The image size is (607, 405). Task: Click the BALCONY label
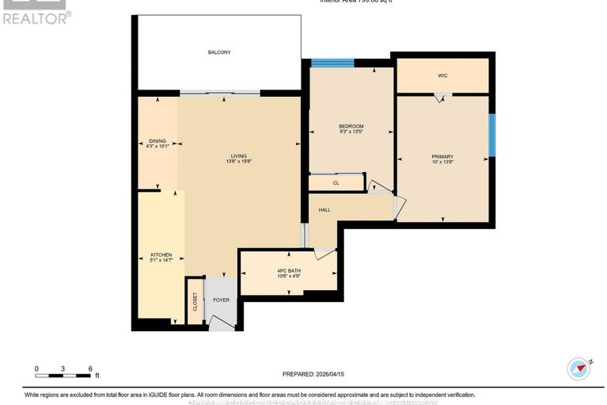pyautogui.click(x=219, y=52)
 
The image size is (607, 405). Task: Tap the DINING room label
pyautogui.click(x=157, y=141)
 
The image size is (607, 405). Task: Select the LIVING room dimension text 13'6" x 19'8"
pyautogui.click(x=238, y=162)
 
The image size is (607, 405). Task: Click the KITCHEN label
pyautogui.click(x=161, y=255)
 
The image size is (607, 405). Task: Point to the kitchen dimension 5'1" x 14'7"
pyautogui.click(x=161, y=261)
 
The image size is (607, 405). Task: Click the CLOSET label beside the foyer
pyautogui.click(x=195, y=302)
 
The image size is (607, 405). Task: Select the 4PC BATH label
pyautogui.click(x=289, y=270)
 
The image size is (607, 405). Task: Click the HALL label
pyautogui.click(x=324, y=210)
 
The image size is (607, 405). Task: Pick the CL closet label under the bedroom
pyautogui.click(x=336, y=183)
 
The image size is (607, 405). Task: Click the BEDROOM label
pyautogui.click(x=351, y=127)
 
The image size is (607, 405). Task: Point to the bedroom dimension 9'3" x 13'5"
pyautogui.click(x=351, y=132)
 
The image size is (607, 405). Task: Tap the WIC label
pyautogui.click(x=442, y=76)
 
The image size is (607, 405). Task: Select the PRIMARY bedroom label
pyautogui.click(x=442, y=156)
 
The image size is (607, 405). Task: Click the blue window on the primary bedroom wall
pyautogui.click(x=491, y=135)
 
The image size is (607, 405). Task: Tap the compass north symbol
pyautogui.click(x=579, y=369)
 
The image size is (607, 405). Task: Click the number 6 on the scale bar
pyautogui.click(x=90, y=369)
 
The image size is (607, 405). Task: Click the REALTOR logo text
pyautogui.click(x=36, y=17)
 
